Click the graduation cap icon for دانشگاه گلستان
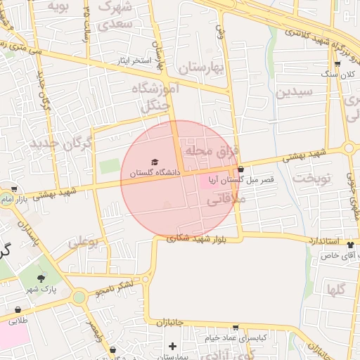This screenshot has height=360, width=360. [x=155, y=162]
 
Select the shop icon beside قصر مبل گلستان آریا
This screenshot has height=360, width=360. [x=241, y=169]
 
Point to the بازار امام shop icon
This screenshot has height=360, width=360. [x=14, y=189]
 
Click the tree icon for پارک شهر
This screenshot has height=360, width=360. [x=50, y=278]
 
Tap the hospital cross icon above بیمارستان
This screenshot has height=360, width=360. [x=172, y=346]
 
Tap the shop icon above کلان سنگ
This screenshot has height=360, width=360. [x=337, y=65]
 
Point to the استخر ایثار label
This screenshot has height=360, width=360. [x=134, y=61]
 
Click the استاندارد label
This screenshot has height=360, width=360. [x=325, y=240]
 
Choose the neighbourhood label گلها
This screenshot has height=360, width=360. [x=335, y=289]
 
